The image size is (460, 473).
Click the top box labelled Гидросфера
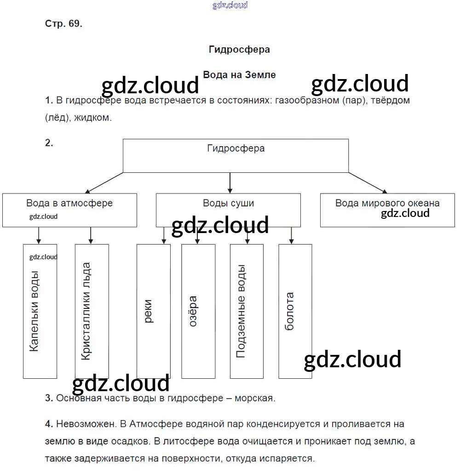tap(236, 156)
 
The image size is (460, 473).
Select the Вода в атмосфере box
tap(69, 210)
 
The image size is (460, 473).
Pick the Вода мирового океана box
tap(387, 210)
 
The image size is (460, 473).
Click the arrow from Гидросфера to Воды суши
tap(230, 183)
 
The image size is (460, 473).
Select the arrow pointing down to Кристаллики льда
tap(91, 235)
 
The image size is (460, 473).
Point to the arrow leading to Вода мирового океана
tap(368, 183)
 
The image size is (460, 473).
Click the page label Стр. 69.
tap(63, 24)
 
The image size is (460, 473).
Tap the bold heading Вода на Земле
tap(239, 75)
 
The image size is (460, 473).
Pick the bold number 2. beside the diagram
tap(49, 143)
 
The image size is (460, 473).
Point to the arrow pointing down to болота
tap(291, 235)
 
